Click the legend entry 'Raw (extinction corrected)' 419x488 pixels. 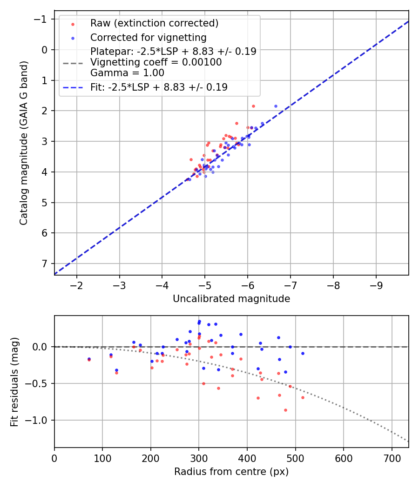pos(154,23)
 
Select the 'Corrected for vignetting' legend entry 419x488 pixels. pos(149,37)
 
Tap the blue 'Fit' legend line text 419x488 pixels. pos(159,87)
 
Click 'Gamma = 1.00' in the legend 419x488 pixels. pos(127,73)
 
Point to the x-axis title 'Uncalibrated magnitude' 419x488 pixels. pos(231,299)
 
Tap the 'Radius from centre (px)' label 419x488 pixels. pos(231,472)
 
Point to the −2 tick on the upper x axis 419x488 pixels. pos(76,284)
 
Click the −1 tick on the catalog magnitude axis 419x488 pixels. pos(43,19)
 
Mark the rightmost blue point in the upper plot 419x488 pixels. pos(276,106)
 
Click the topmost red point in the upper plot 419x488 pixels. pos(253,106)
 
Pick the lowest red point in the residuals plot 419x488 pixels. pos(285,410)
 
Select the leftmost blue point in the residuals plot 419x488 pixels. pos(89,359)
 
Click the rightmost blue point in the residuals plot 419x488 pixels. pos(303,353)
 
